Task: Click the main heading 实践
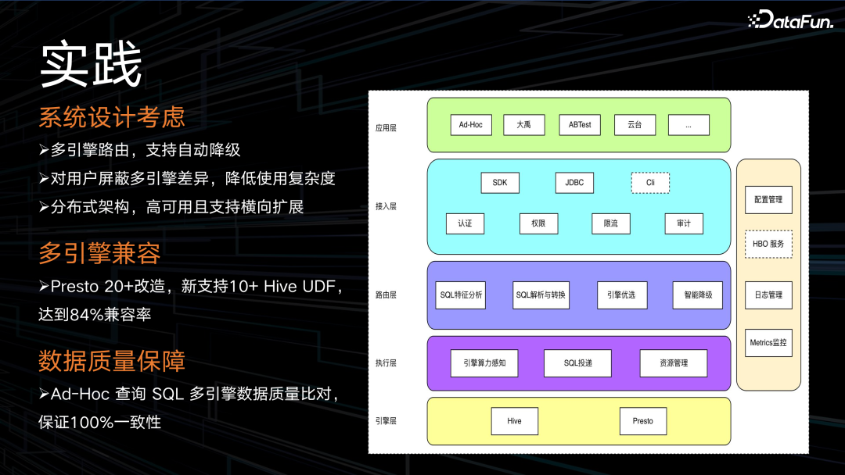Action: click(91, 66)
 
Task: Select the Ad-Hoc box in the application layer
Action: click(471, 125)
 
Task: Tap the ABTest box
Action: click(580, 125)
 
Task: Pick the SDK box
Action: click(500, 183)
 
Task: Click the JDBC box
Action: click(574, 183)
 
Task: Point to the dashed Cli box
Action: click(650, 183)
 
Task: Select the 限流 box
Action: click(611, 223)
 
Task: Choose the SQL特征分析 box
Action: click(462, 295)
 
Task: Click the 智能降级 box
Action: click(697, 295)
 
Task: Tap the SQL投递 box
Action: click(577, 363)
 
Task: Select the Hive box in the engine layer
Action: click(514, 421)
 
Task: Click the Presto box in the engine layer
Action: click(642, 421)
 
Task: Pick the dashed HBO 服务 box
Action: click(768, 244)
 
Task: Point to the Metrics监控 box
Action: click(768, 343)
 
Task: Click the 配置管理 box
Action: click(768, 200)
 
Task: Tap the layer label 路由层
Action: click(387, 295)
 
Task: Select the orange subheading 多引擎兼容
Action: click(99, 254)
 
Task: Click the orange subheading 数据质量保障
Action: click(112, 361)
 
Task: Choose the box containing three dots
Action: click(689, 125)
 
